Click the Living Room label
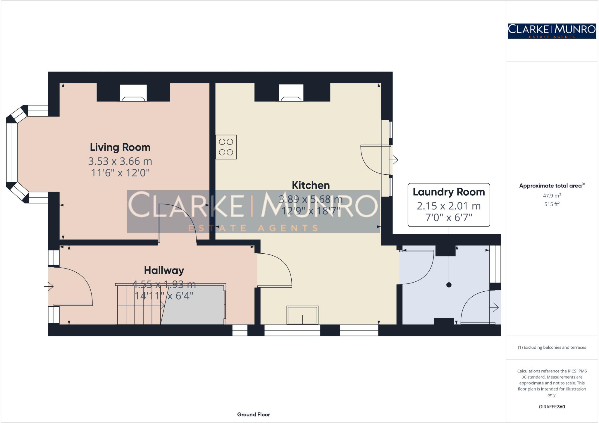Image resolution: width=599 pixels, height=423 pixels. click(120, 147)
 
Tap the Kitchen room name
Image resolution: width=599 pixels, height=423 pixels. click(311, 185)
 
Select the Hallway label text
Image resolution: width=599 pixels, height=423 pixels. click(164, 270)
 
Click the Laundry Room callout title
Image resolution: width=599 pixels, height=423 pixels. click(449, 192)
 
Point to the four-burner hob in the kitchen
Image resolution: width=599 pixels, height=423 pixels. click(226, 147)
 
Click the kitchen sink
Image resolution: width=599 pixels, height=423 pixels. click(302, 315)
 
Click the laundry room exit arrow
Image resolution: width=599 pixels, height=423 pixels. click(495, 307)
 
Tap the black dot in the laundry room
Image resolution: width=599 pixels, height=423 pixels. click(449, 285)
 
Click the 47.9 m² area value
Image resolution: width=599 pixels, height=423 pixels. click(552, 196)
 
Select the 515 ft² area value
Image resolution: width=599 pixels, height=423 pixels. click(552, 204)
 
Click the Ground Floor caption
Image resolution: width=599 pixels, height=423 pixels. click(253, 414)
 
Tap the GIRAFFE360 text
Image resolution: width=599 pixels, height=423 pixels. click(552, 407)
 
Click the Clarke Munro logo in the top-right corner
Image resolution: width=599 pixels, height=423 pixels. click(552, 31)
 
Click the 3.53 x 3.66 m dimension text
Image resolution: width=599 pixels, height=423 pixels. click(120, 161)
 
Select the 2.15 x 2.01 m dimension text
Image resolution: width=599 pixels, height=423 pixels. click(449, 206)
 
